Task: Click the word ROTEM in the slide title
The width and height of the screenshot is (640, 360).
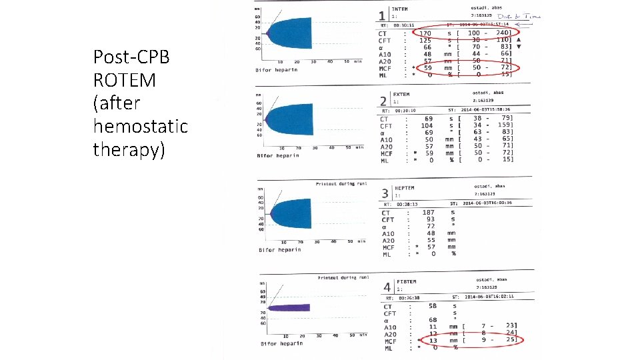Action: (x=125, y=80)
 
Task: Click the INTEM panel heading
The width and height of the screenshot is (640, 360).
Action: (x=402, y=9)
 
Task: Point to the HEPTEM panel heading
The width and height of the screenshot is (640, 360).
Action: (x=405, y=189)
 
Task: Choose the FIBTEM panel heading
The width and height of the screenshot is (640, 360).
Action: (x=407, y=281)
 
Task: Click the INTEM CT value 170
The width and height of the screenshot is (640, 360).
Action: (x=425, y=33)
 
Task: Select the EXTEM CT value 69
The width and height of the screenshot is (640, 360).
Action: (x=427, y=118)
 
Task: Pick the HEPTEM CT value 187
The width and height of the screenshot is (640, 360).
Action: (x=429, y=212)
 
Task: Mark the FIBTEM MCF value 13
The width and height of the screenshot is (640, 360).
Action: (x=433, y=340)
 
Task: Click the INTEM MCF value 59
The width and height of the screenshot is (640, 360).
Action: (x=427, y=68)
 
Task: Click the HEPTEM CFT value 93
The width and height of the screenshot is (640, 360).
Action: (x=431, y=219)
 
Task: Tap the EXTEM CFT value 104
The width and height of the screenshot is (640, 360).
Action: (x=427, y=125)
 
